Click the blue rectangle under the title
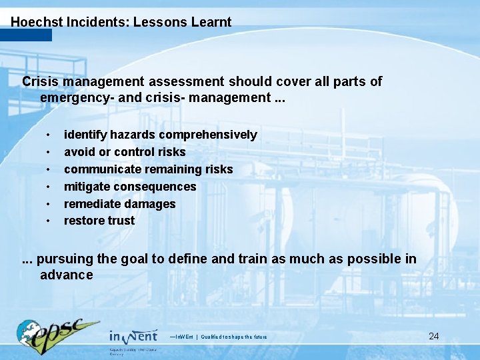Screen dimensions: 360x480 pos(26,35)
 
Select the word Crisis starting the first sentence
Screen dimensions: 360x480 pos(40,81)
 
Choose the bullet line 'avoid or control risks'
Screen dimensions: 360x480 pos(125,152)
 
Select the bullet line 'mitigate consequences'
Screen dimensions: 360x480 pos(130,187)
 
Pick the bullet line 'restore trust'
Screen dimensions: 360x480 pos(99,221)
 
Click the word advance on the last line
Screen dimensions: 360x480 pos(66,275)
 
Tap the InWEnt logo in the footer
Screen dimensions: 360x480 pos(133,337)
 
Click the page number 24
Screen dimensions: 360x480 pos(433,336)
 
